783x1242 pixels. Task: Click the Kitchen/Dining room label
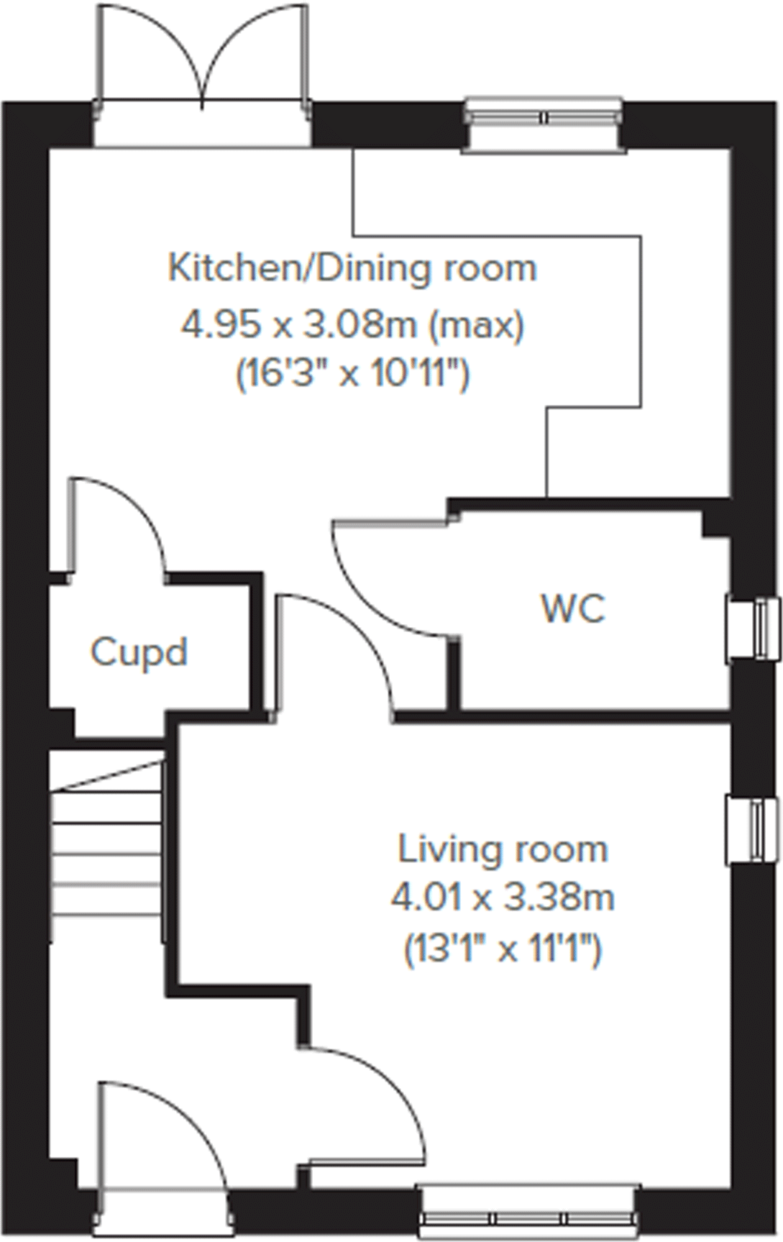(x=352, y=268)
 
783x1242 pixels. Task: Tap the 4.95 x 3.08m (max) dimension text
(x=352, y=326)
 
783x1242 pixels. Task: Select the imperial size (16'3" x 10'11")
(x=352, y=374)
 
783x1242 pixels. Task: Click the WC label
(x=573, y=609)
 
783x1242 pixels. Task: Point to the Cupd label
(x=139, y=652)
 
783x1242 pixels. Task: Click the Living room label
(x=503, y=849)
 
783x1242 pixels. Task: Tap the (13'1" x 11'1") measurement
(x=503, y=950)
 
